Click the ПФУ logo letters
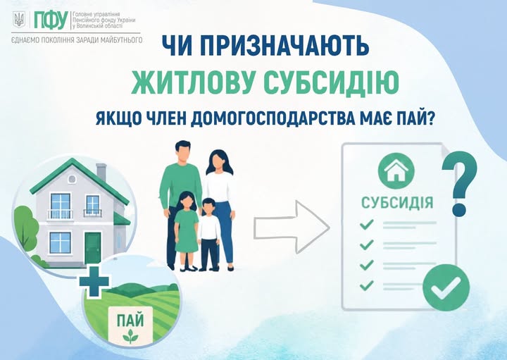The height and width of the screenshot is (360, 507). pos(51,20)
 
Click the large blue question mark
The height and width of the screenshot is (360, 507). pos(459,183)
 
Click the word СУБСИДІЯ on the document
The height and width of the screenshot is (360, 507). pos(397,203)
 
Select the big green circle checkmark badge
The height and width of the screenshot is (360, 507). pos(446,287)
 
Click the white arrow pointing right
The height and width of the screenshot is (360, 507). pos(292,227)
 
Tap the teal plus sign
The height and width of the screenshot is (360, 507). pos(94,281)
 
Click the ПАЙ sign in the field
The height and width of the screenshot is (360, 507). pos(131,324)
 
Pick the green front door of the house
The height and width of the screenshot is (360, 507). pos(93,249)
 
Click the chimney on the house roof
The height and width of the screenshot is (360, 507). pos(101,172)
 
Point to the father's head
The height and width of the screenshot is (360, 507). pos(183,151)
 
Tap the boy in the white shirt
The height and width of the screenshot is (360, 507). pos(208,235)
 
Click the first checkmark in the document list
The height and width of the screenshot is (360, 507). pos(367,224)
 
